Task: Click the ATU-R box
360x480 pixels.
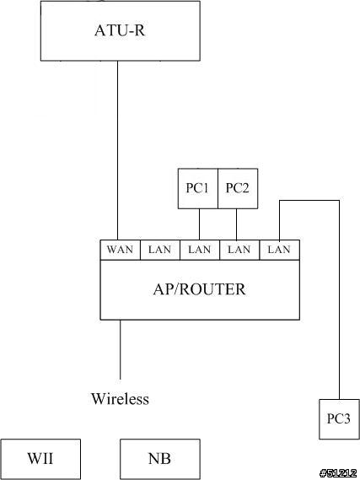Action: click(x=121, y=30)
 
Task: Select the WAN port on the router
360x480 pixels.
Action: click(x=121, y=250)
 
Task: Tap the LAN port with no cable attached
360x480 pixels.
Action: click(x=160, y=250)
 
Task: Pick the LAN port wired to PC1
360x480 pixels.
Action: click(x=200, y=250)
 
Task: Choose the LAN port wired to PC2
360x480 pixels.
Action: click(x=239, y=250)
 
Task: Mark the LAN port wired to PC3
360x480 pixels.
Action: click(x=280, y=250)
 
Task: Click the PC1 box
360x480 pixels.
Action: click(x=198, y=189)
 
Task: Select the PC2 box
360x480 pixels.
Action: click(x=238, y=189)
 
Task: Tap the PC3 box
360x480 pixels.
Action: click(x=339, y=419)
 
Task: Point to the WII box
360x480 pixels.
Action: click(x=40, y=459)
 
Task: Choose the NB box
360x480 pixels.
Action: click(x=160, y=459)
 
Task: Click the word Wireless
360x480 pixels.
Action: click(x=121, y=398)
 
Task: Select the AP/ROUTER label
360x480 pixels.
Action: click(x=200, y=289)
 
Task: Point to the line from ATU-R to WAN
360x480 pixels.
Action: click(x=117, y=150)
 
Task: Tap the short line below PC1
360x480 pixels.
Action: click(x=200, y=224)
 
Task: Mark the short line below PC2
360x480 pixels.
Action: click(x=236, y=224)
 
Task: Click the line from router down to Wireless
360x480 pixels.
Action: click(x=120, y=349)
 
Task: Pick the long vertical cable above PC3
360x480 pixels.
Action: click(x=339, y=299)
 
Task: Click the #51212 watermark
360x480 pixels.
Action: click(x=338, y=473)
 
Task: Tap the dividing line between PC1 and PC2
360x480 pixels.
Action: click(x=218, y=189)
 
